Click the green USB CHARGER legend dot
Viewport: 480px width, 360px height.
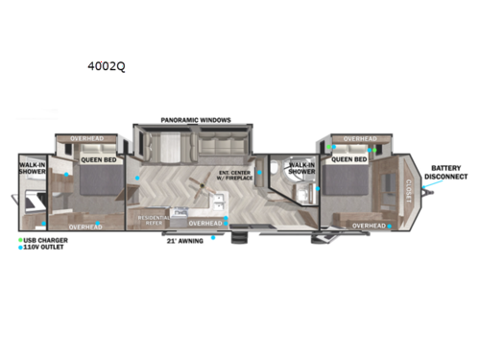[x=21, y=238]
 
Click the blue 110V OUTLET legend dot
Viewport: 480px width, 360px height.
[x=21, y=246]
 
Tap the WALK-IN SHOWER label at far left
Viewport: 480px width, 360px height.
[x=32, y=171]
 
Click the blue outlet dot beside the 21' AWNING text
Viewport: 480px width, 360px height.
[x=213, y=237]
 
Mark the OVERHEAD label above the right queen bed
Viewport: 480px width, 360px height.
[x=360, y=139]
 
